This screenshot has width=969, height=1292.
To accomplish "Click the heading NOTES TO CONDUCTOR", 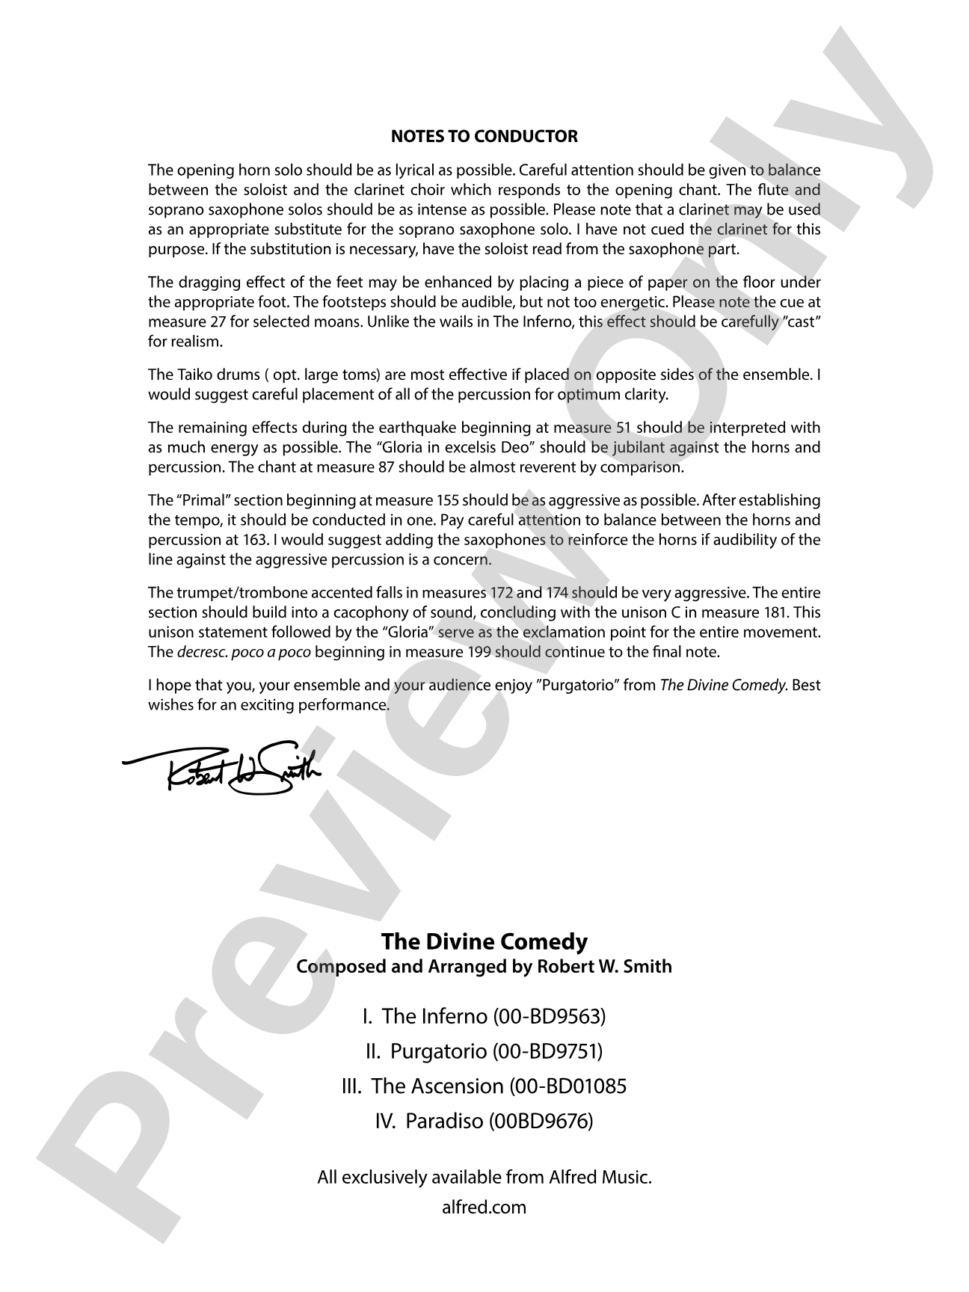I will click(485, 137).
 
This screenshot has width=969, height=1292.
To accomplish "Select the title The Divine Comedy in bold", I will click(485, 941).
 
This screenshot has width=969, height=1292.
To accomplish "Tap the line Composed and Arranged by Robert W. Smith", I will click(485, 966).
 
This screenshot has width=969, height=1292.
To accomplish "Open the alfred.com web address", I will click(485, 1207).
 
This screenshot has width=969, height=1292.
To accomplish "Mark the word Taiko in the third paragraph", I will click(194, 375).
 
